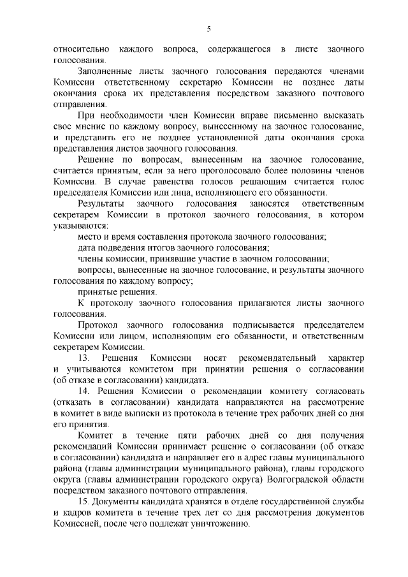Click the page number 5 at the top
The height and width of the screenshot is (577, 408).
point(208,27)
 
